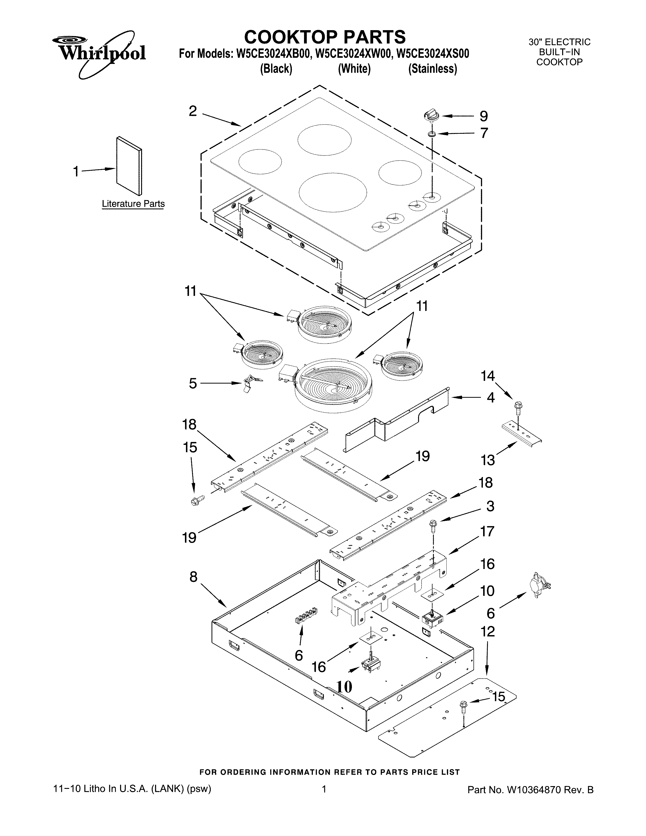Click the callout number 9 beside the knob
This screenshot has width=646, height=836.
484,116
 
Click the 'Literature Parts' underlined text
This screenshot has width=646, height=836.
133,204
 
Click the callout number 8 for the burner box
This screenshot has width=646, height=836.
193,577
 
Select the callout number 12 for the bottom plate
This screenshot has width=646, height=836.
488,631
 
